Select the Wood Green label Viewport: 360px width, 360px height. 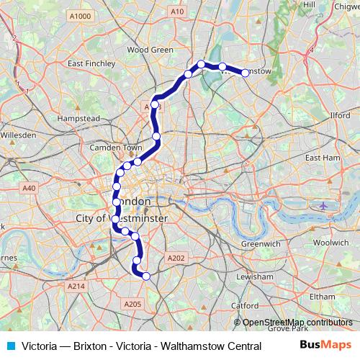(x=150, y=50)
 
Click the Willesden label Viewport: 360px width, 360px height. (x=18, y=135)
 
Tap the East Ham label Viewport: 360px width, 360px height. (x=321, y=156)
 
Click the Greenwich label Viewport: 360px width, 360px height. (x=260, y=244)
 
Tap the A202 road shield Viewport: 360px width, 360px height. (x=176, y=258)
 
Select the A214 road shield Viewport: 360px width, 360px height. (x=76, y=287)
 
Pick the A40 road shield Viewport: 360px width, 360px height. (x=29, y=188)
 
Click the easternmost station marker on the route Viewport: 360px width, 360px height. (x=245, y=73)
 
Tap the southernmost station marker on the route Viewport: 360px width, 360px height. (x=146, y=276)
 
